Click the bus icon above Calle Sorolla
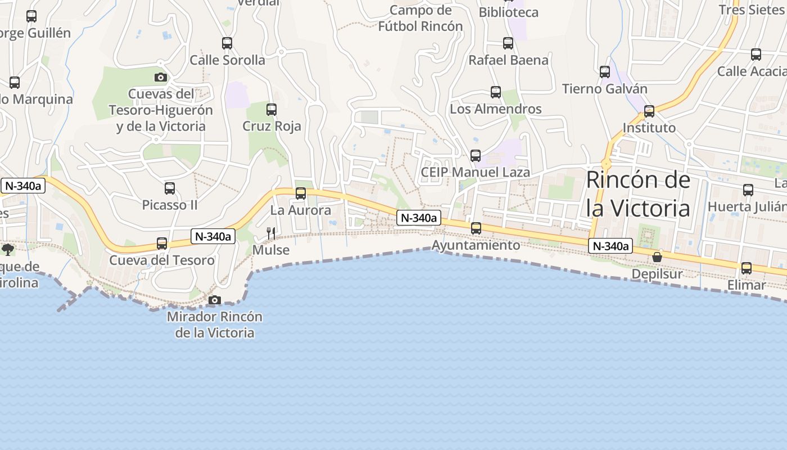(227, 43)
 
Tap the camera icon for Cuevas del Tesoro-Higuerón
(161, 77)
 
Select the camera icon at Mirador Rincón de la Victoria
(214, 300)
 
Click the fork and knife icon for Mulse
(271, 233)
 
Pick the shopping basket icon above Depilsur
(657, 258)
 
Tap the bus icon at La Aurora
(301, 194)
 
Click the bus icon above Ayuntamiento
(476, 228)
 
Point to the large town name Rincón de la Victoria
(638, 194)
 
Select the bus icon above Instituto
(649, 111)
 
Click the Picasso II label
(170, 205)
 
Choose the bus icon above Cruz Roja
(272, 110)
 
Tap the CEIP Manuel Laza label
(475, 172)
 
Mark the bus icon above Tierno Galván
(605, 72)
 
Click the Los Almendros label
(496, 109)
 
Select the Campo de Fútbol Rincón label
(420, 18)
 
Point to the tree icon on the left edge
(8, 249)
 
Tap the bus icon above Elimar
(747, 268)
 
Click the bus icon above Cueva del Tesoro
(162, 244)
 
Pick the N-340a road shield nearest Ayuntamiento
(418, 218)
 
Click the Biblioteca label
(508, 12)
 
